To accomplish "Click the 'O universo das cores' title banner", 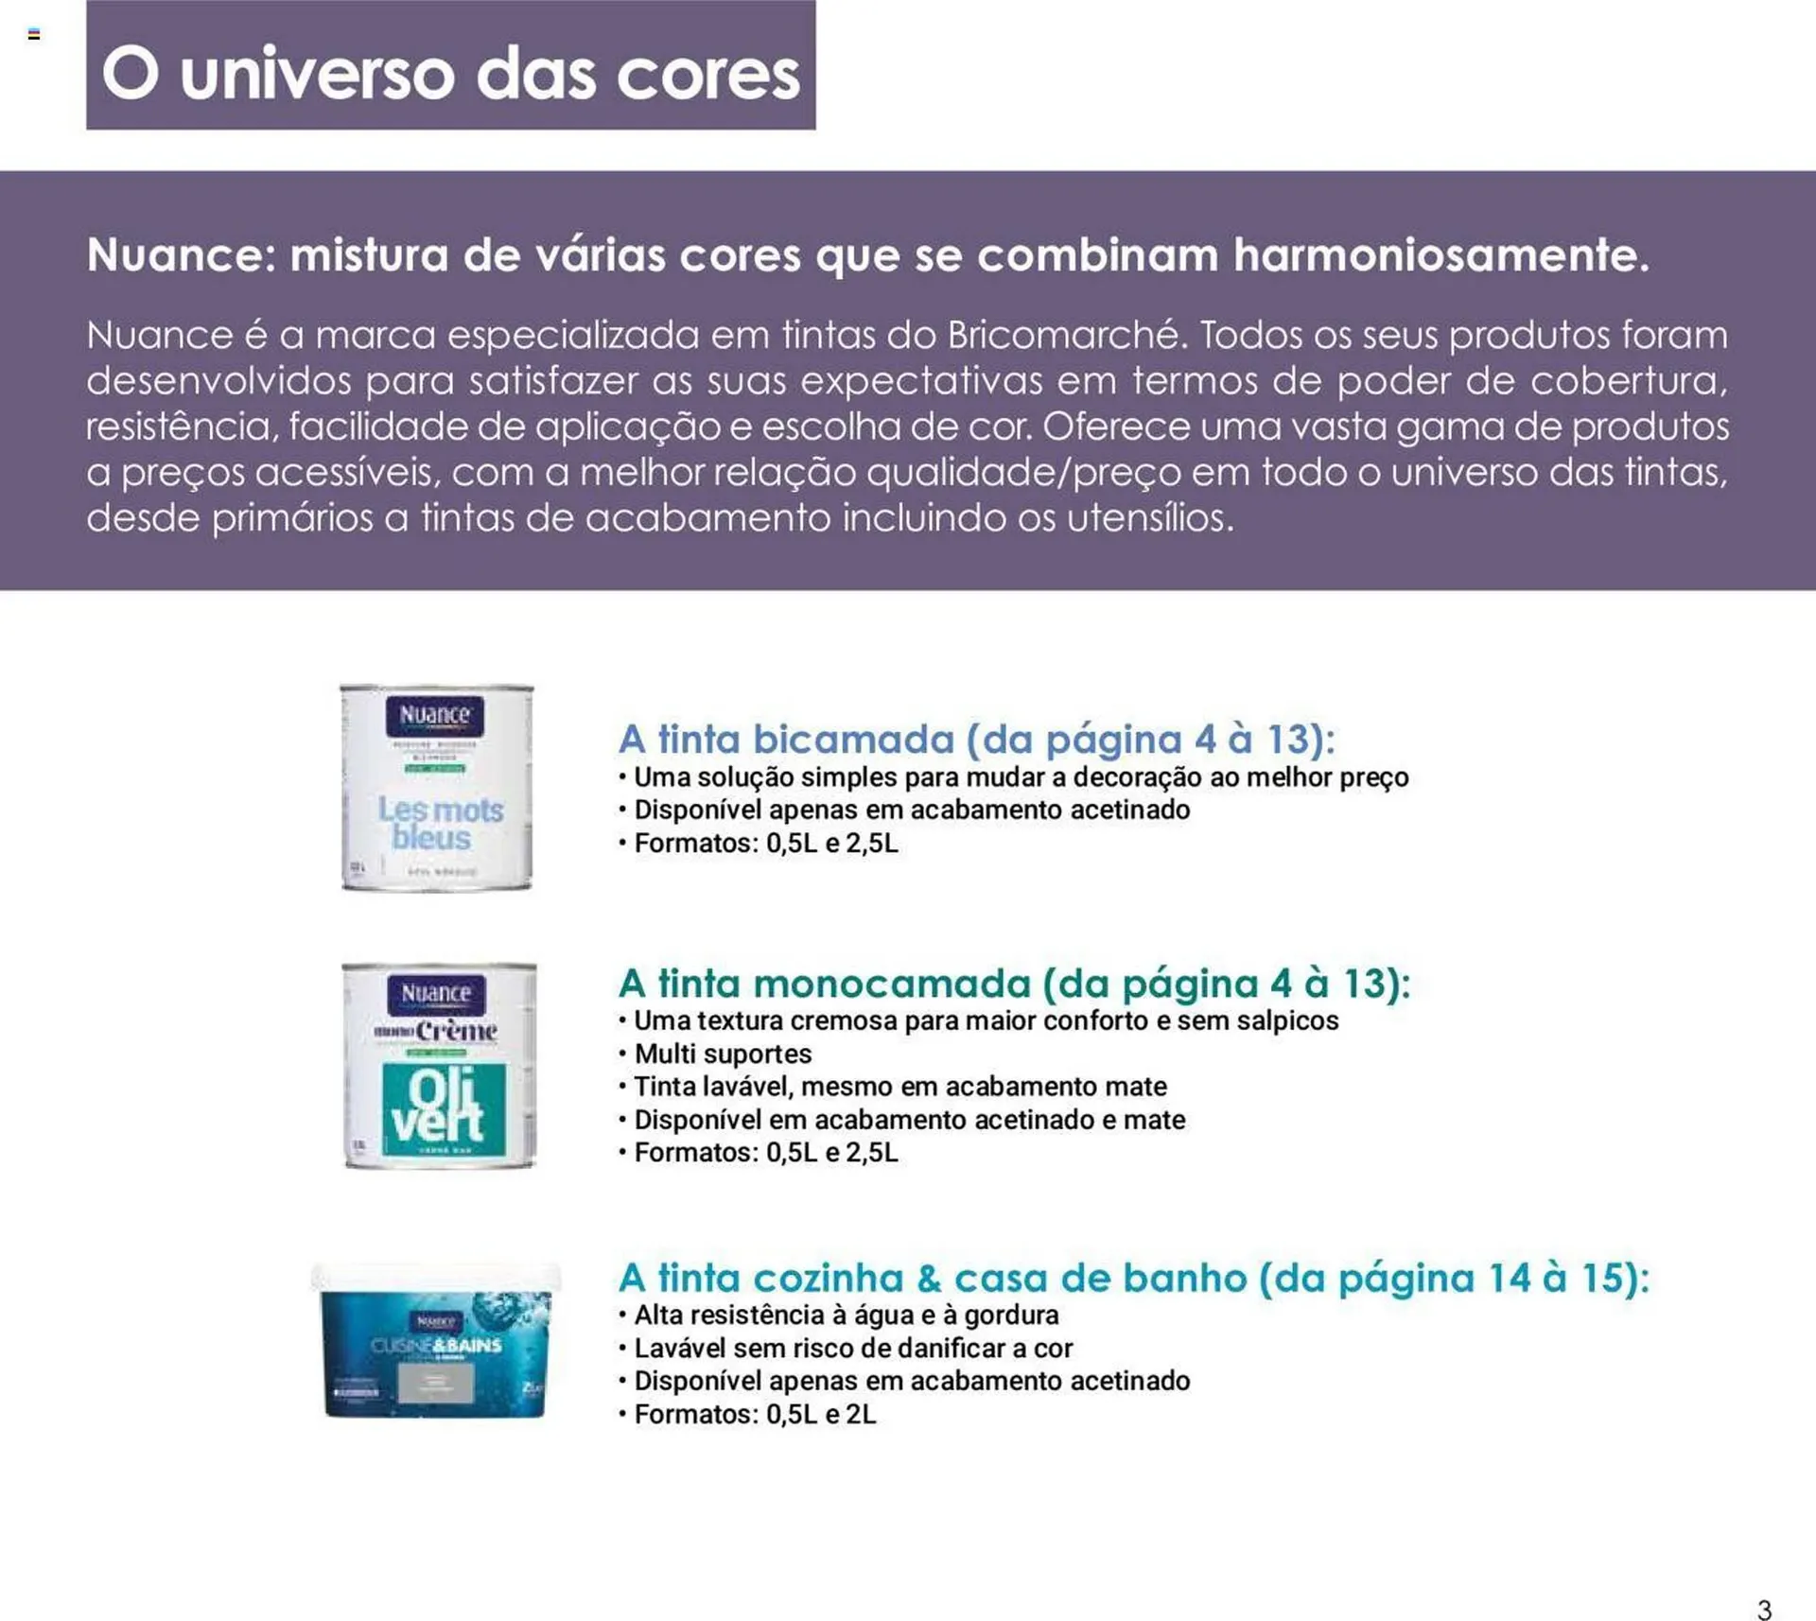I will click(450, 66).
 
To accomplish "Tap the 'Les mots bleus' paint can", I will click(436, 787).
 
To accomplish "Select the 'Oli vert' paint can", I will click(440, 1066).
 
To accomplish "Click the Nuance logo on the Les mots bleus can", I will click(434, 715).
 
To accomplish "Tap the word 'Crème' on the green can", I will click(456, 1030).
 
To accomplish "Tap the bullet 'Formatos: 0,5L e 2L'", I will click(754, 1414).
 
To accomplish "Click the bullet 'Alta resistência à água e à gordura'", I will click(846, 1315).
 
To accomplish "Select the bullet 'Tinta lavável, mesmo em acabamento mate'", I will click(899, 1087).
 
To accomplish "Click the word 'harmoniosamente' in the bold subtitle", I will click(1441, 255).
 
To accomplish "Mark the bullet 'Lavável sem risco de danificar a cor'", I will click(852, 1348).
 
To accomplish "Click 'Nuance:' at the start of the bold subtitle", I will click(181, 255).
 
